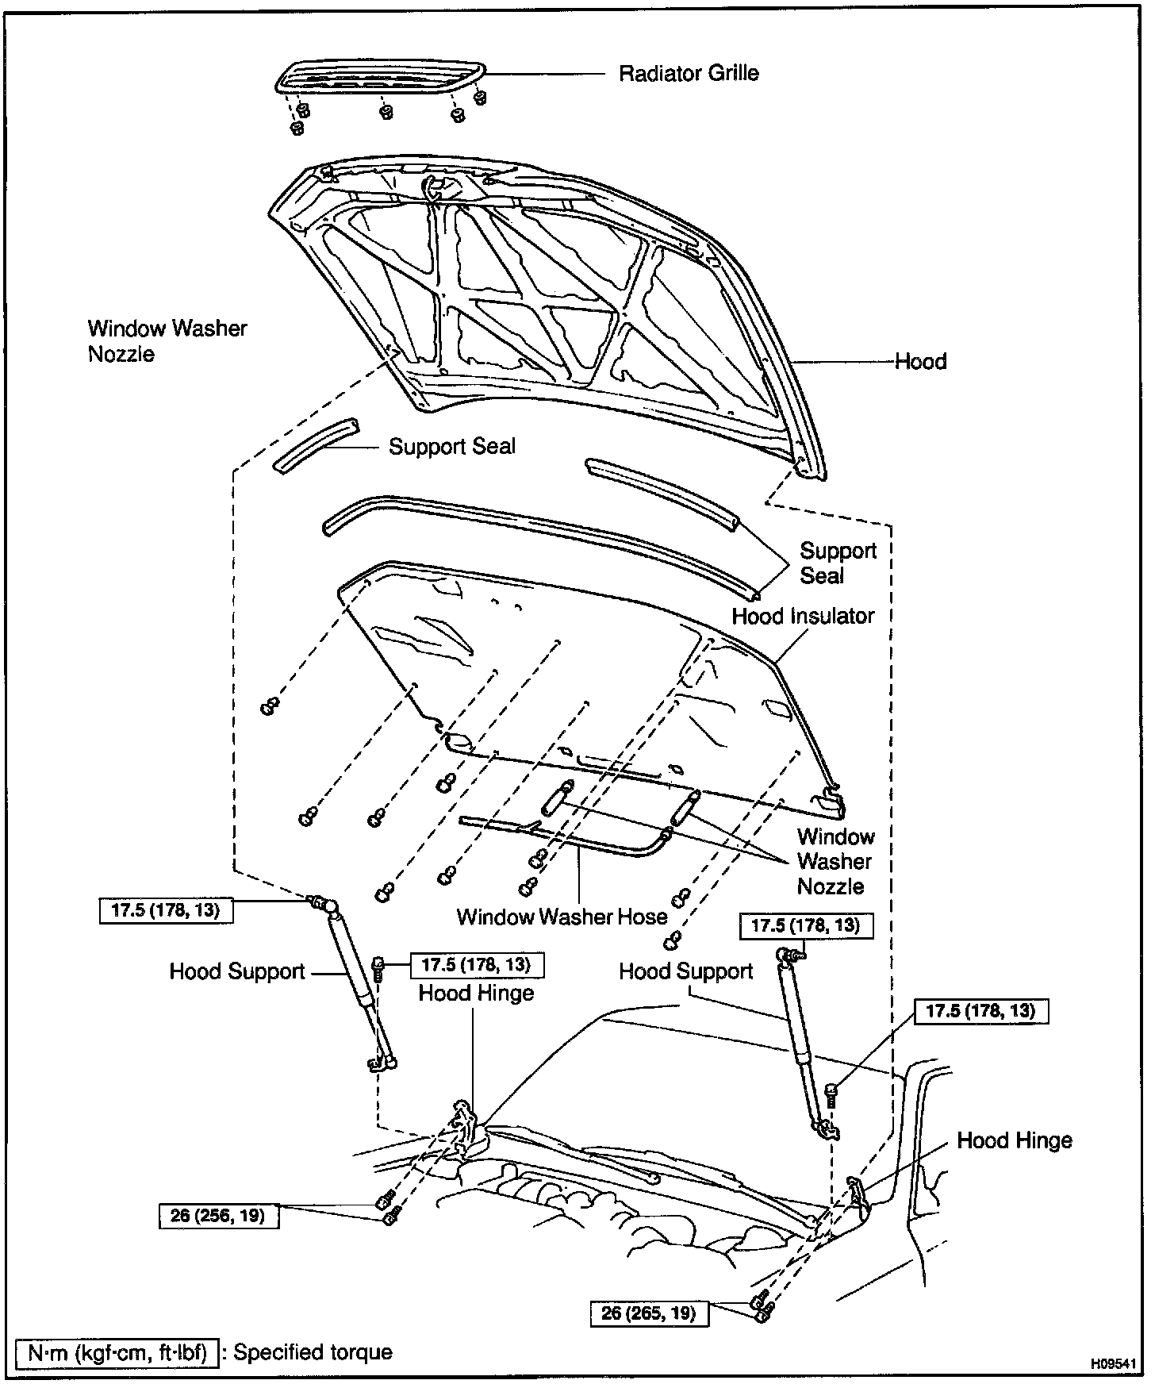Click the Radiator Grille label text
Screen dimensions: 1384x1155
click(689, 74)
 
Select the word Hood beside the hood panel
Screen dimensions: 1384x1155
click(920, 362)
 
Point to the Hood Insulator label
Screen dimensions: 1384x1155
click(803, 617)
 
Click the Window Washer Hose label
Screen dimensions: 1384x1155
click(562, 917)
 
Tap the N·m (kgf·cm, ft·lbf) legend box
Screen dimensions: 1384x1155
click(117, 1352)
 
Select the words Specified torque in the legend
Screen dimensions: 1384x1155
click(313, 1352)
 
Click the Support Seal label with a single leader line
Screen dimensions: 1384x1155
click(451, 447)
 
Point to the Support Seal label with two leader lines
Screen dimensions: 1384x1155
click(838, 563)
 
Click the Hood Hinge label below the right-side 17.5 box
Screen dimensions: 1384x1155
click(1014, 1141)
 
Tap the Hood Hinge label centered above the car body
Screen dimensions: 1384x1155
click(476, 994)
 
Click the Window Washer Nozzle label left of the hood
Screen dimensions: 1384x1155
click(167, 341)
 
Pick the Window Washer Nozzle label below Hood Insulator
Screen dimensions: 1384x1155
click(835, 861)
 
